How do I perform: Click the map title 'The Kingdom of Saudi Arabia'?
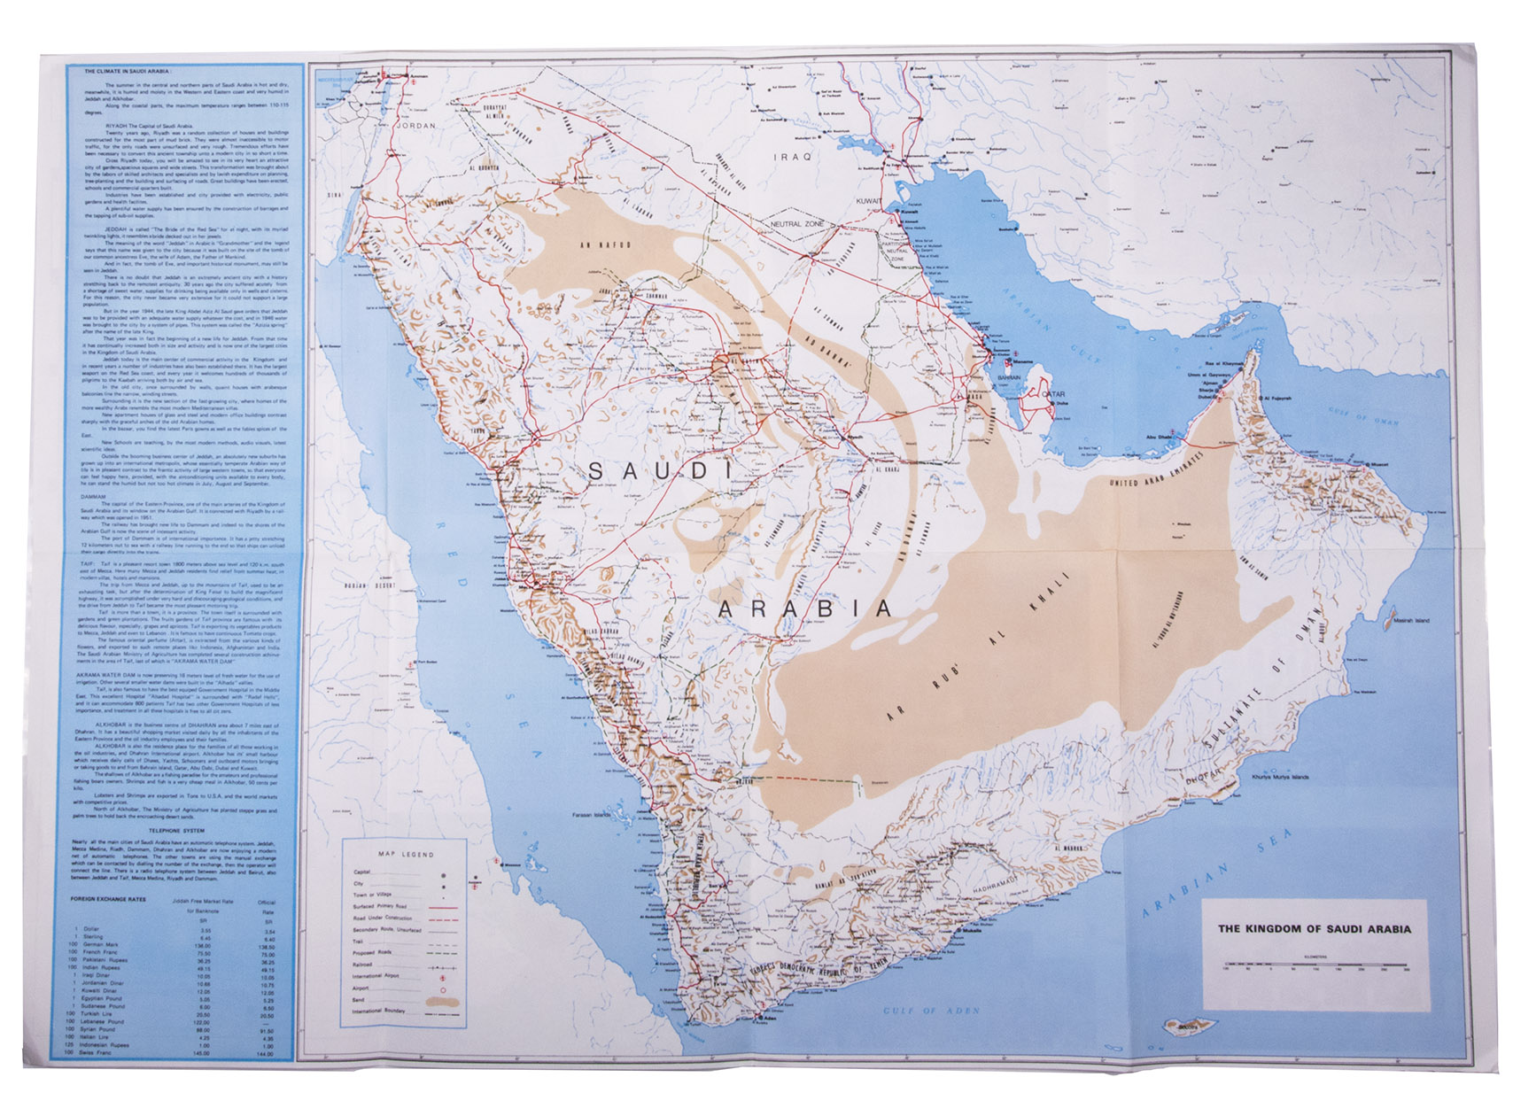point(1315,929)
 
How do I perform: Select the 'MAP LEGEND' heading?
point(406,855)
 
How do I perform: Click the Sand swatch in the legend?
point(443,1000)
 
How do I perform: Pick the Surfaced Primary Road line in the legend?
point(443,908)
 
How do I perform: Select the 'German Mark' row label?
point(103,946)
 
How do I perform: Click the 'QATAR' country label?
point(1053,394)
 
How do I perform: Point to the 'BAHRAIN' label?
point(1009,377)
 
